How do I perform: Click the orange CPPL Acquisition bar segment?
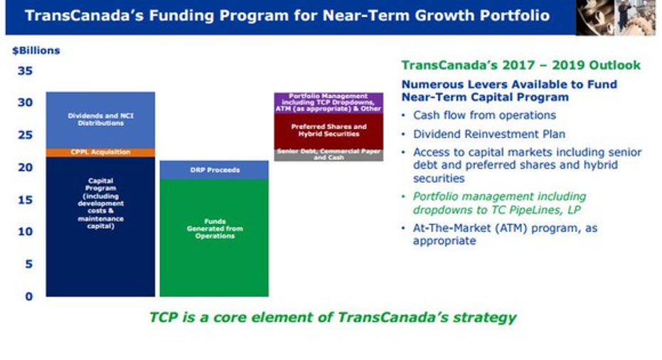click(x=100, y=152)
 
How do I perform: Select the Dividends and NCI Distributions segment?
click(x=100, y=120)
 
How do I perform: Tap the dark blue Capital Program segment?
click(x=100, y=226)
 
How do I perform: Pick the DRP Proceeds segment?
click(x=214, y=170)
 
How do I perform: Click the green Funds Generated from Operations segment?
click(x=214, y=238)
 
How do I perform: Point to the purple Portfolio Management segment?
click(x=329, y=103)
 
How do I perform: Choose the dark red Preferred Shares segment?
click(x=329, y=132)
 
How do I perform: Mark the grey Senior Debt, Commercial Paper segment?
click(x=329, y=154)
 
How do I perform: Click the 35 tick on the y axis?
click(x=25, y=70)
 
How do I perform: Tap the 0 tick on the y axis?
click(x=28, y=296)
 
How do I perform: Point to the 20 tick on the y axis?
click(x=25, y=167)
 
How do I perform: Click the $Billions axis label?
click(x=36, y=51)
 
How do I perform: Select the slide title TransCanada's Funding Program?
click(x=287, y=16)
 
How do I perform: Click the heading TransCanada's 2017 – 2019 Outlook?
click(x=520, y=65)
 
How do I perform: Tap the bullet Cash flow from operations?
click(x=484, y=115)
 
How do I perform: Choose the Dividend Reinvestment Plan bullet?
click(x=489, y=134)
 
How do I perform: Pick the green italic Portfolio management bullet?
click(x=499, y=203)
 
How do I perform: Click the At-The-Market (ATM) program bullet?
click(x=505, y=234)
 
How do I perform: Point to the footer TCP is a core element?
click(x=333, y=317)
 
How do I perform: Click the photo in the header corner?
click(x=616, y=17)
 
